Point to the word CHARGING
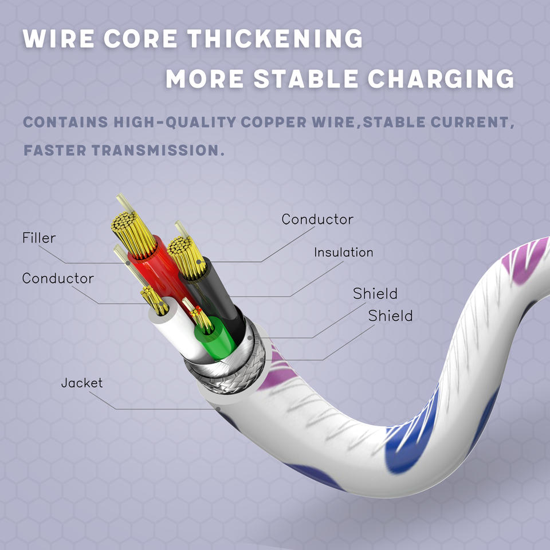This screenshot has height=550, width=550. (441, 78)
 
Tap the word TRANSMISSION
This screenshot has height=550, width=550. (163, 151)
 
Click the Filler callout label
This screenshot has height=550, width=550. (39, 238)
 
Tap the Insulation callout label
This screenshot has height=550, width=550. (343, 252)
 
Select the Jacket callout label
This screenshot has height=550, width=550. (82, 383)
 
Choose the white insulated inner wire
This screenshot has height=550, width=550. (172, 332)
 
